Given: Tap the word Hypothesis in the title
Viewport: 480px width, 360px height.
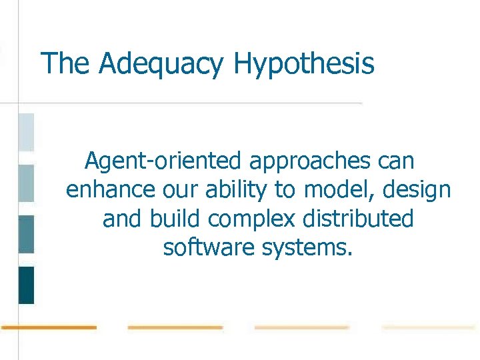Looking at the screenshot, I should click(x=304, y=65).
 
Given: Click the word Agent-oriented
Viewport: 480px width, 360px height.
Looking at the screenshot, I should click(x=163, y=161).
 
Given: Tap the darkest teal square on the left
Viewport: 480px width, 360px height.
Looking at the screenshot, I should click(x=26, y=285).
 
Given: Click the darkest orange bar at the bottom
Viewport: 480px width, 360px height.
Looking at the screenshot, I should click(x=49, y=327).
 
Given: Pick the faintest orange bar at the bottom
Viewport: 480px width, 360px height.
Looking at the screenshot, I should click(x=428, y=327).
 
